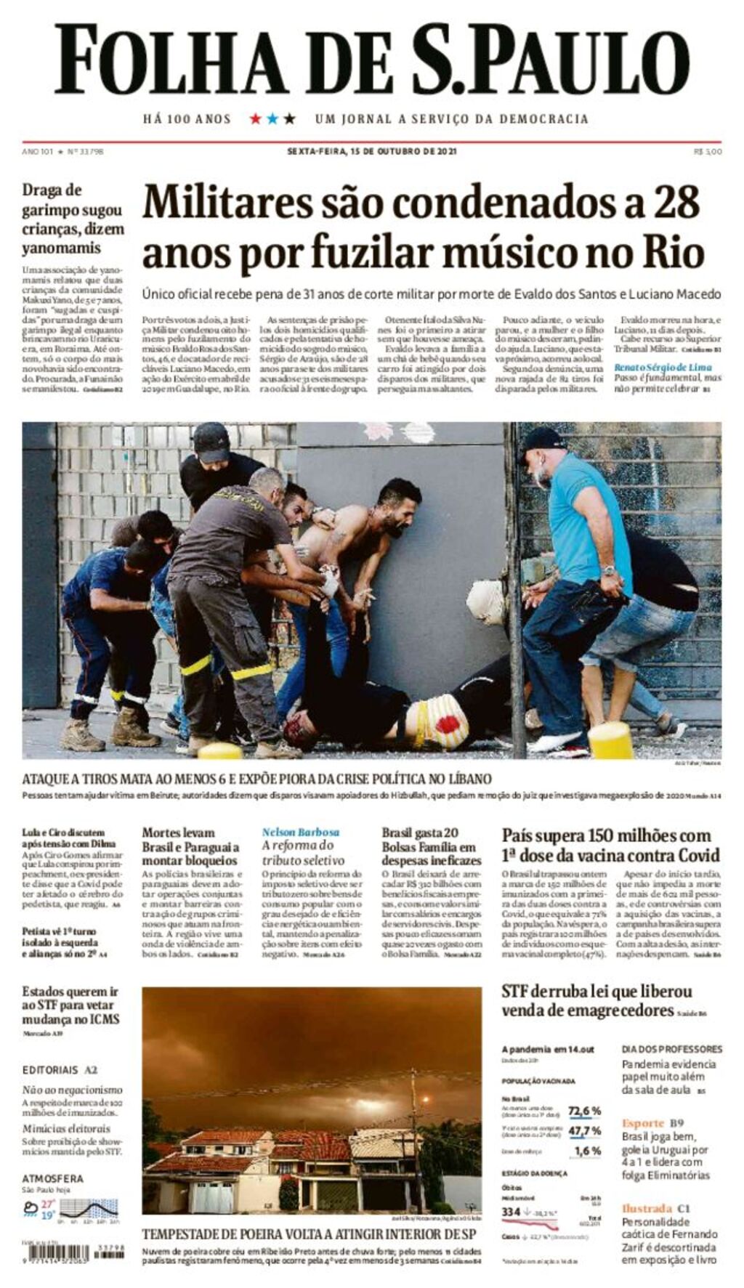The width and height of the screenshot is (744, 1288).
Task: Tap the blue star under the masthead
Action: point(272,118)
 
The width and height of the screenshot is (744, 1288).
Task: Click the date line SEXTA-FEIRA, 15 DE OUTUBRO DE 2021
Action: point(371,152)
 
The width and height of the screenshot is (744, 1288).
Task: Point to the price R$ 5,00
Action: point(708,152)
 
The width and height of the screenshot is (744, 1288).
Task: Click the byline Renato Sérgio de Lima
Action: point(663,367)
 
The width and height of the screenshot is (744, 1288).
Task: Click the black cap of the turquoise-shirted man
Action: point(541,437)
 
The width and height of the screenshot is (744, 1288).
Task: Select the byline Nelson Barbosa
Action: point(300,832)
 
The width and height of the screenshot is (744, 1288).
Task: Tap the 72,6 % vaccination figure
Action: point(584,1111)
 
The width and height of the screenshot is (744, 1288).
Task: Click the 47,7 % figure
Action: point(584,1131)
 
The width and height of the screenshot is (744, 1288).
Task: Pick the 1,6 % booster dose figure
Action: point(587,1151)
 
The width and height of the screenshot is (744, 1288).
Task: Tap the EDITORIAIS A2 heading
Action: point(60,1070)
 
